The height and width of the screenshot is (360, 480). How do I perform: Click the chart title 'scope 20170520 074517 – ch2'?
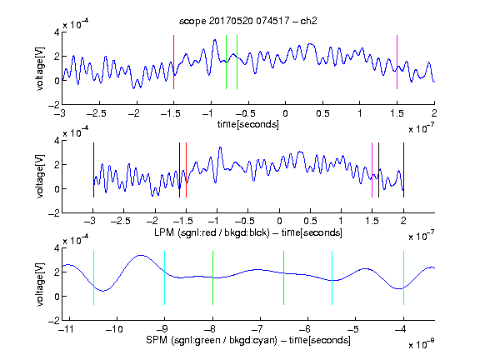[x=248, y=21]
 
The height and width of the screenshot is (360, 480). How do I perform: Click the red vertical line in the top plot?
[x=173, y=62]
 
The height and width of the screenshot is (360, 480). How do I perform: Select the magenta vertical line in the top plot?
[x=397, y=62]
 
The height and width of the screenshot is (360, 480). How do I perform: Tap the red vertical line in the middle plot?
[x=186, y=170]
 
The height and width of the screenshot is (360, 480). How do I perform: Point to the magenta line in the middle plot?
[x=372, y=170]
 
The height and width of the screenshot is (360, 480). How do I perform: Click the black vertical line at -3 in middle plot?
[x=93, y=170]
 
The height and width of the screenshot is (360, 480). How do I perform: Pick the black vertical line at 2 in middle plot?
[x=403, y=170]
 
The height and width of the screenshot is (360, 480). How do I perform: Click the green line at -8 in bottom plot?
[x=212, y=278]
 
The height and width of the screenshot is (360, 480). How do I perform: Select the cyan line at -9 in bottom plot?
[x=165, y=278]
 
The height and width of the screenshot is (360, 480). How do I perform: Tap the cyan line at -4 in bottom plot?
[x=403, y=278]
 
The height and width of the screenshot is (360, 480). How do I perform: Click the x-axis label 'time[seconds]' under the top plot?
[x=248, y=124]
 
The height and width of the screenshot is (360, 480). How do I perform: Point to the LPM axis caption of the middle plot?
[x=248, y=232]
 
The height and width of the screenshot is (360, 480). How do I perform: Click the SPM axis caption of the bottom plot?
[x=248, y=340]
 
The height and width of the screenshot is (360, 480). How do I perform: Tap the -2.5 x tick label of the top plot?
[x=97, y=114]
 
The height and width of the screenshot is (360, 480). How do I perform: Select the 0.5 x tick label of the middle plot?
[x=310, y=221]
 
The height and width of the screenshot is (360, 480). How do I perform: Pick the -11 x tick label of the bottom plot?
[x=67, y=329]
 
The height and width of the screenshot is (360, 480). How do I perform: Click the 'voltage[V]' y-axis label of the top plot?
[x=40, y=68]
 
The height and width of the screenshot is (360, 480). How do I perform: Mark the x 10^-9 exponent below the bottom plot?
[x=422, y=344]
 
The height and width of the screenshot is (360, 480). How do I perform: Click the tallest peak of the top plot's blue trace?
[x=215, y=40]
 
